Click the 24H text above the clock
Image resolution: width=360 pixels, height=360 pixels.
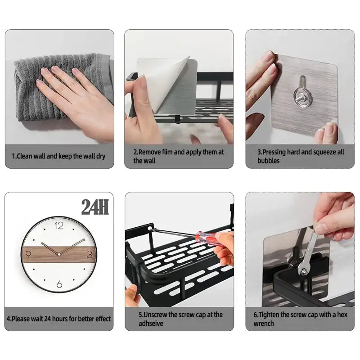click(x=95, y=207)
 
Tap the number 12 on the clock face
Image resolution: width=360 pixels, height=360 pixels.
click(x=59, y=226)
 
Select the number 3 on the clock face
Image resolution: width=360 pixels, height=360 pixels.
click(x=90, y=255)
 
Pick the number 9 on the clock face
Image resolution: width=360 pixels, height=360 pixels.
click(x=28, y=255)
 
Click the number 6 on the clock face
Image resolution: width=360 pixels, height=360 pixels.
click(x=59, y=283)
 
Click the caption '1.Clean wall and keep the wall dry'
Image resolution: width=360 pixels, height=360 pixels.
click(x=58, y=157)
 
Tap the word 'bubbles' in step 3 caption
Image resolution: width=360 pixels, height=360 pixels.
click(x=269, y=161)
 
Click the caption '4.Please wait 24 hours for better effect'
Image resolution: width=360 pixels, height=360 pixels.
click(x=58, y=319)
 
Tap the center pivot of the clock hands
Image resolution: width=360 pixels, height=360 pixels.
click(x=59, y=255)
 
